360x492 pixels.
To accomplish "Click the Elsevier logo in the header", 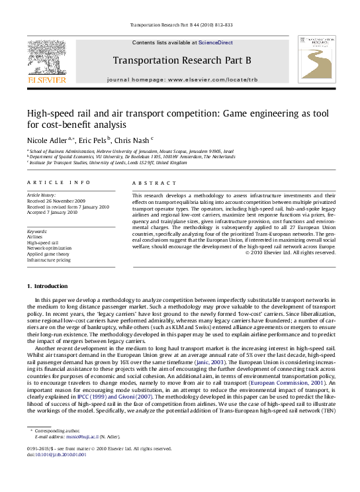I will coord(46,60).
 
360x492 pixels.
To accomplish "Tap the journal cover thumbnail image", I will coord(316,60).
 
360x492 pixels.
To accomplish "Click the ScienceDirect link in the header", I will coord(216,42).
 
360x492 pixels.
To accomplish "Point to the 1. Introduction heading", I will coord(47,286).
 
